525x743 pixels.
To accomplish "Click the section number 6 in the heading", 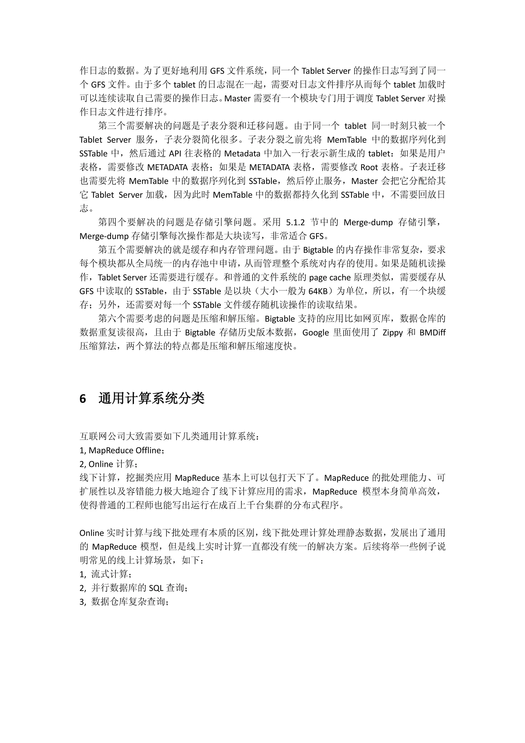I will pyautogui.click(x=83, y=399).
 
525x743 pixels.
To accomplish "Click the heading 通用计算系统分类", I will pyautogui.click(x=151, y=398).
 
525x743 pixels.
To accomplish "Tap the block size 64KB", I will pyautogui.click(x=318, y=291).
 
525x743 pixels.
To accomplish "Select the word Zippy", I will pyautogui.click(x=392, y=333).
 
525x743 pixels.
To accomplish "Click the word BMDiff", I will pyautogui.click(x=432, y=333).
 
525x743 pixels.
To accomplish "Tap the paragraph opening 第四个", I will pyautogui.click(x=112, y=222).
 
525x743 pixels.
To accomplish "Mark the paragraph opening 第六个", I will pyautogui.click(x=112, y=319).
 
